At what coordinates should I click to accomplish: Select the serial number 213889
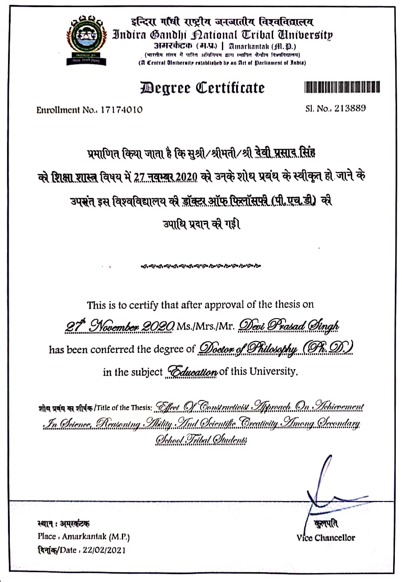(x=349, y=108)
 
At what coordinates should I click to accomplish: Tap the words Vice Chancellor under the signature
(x=326, y=538)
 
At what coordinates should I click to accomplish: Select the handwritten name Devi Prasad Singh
(x=289, y=326)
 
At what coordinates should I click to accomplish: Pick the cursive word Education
(x=192, y=372)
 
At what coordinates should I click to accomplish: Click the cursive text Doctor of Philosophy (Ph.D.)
(x=276, y=348)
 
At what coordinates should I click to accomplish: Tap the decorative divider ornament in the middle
(x=201, y=266)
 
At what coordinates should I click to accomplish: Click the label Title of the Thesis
(x=125, y=408)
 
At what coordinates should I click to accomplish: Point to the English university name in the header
(x=222, y=35)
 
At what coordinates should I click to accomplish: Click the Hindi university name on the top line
(x=222, y=21)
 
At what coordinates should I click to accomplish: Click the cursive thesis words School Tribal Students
(x=201, y=440)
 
